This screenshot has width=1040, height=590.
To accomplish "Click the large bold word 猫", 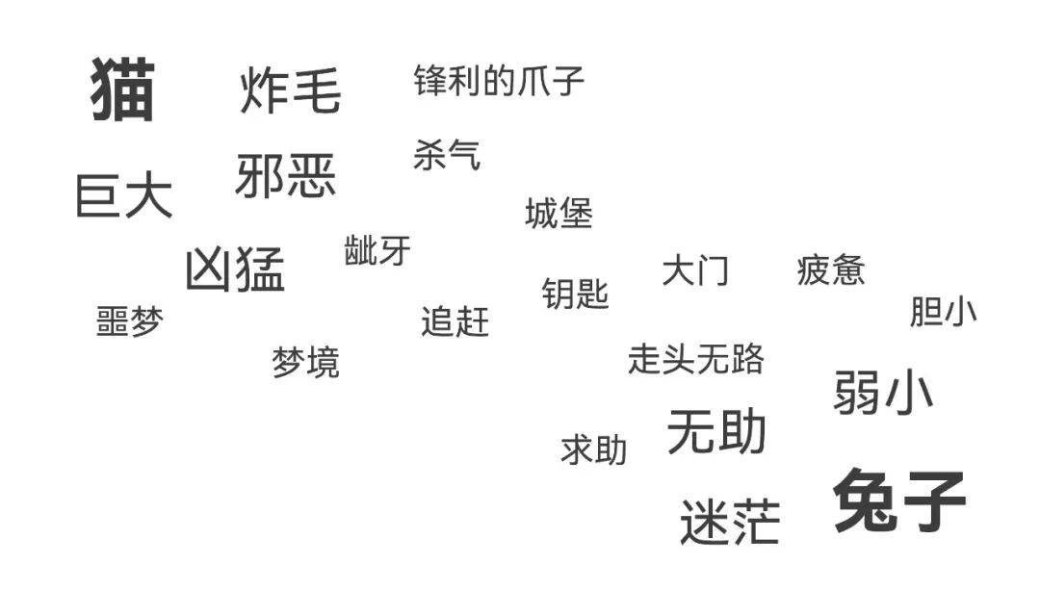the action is click(122, 90).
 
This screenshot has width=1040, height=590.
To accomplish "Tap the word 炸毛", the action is click(290, 90).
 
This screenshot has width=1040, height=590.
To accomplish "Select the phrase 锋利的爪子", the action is click(499, 81).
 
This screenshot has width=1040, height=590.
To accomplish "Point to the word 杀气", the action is click(447, 155).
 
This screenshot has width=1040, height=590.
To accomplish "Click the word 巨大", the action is click(124, 195).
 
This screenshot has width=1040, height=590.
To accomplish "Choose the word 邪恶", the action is click(286, 176).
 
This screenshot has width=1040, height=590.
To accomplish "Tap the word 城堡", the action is click(559, 214).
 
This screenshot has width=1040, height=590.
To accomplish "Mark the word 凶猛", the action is click(235, 269).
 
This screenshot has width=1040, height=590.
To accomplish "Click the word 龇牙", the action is click(377, 250).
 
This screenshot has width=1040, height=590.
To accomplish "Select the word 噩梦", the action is click(130, 321).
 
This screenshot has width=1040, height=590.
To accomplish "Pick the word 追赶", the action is click(455, 321).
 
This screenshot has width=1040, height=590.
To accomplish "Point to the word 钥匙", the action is click(575, 293).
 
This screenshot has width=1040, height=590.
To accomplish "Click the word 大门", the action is click(695, 271).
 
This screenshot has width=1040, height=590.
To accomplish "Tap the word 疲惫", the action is click(831, 271).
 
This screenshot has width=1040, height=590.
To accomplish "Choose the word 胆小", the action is click(943, 312).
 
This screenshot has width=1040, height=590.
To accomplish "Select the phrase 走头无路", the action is click(695, 359).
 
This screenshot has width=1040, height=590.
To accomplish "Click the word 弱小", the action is click(883, 392).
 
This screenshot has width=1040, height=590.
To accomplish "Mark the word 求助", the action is click(593, 449).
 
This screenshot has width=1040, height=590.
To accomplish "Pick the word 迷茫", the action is click(729, 522).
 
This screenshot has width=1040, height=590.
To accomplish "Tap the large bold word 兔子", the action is click(899, 501).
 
